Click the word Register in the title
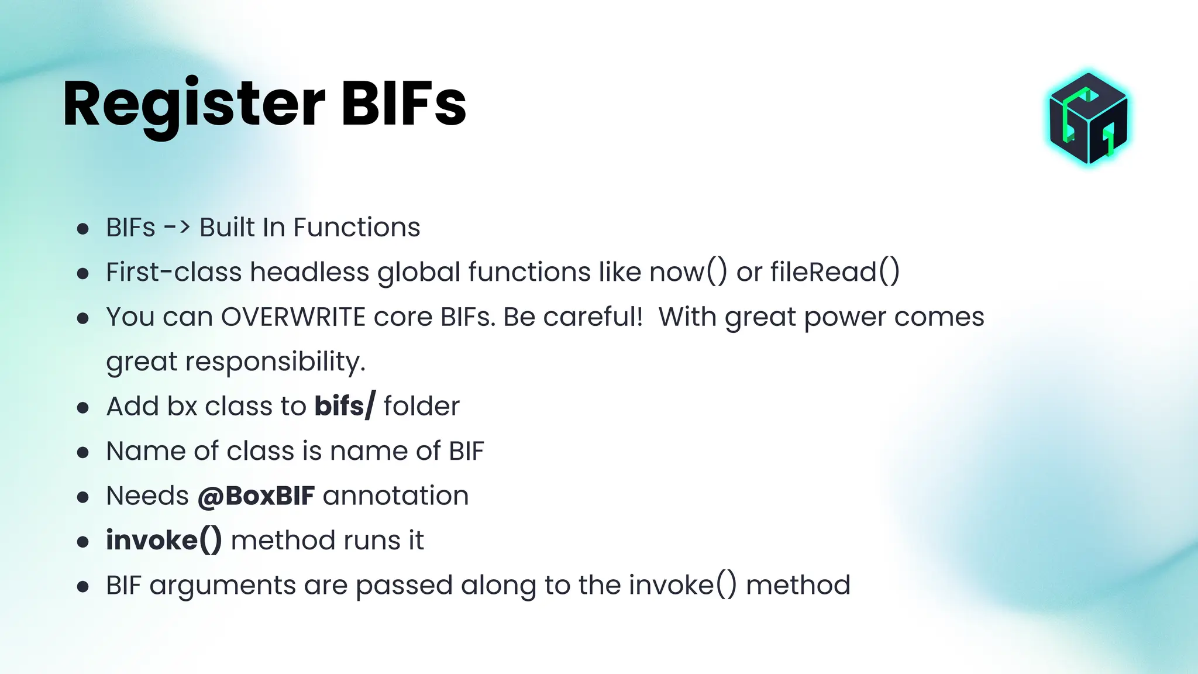click(193, 104)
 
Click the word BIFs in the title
click(403, 104)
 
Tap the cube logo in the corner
click(1088, 119)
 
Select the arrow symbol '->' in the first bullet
click(177, 228)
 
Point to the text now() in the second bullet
click(688, 273)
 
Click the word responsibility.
click(275, 362)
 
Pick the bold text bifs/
click(345, 407)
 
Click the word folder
click(422, 407)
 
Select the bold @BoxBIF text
click(256, 496)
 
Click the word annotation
click(395, 496)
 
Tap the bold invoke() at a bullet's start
click(164, 541)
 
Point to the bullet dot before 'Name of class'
click(83, 452)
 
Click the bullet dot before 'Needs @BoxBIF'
click(83, 497)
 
